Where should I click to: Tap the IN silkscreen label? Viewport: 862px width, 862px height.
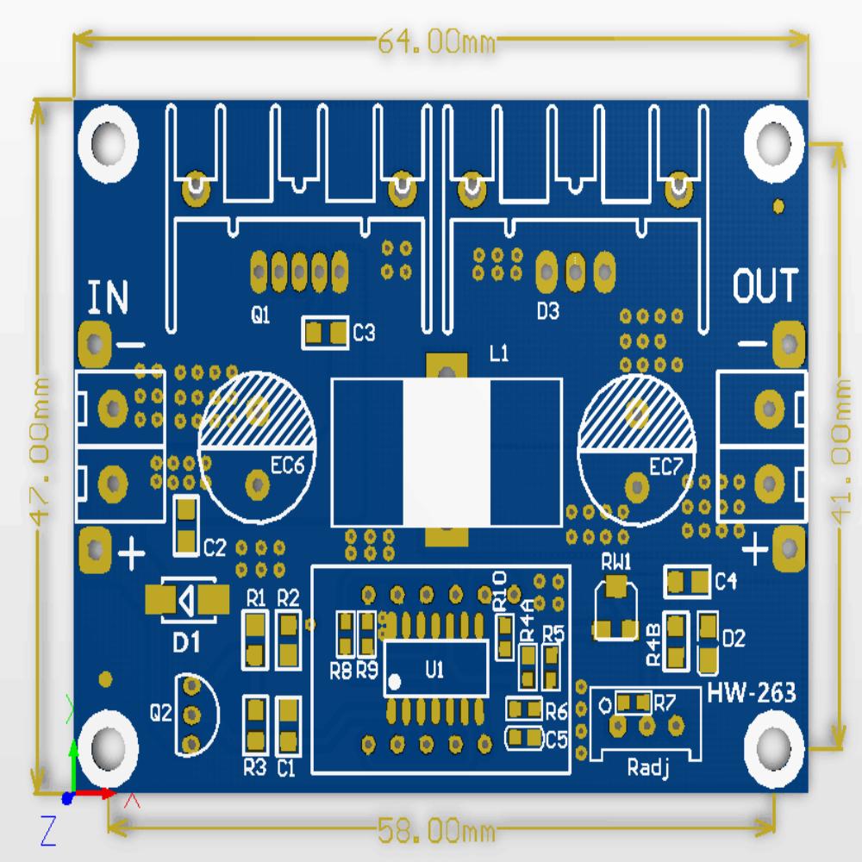coord(109,297)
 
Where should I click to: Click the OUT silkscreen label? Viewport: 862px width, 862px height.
coord(765,286)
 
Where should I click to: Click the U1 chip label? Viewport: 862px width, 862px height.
coord(434,669)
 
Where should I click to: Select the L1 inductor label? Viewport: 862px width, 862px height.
coord(499,353)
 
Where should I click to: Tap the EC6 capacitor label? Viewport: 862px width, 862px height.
coord(287,466)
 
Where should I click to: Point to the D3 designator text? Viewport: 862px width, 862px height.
coord(547,311)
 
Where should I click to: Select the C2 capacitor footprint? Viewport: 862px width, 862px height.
coord(186,525)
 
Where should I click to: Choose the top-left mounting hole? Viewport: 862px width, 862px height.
coord(109,139)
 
